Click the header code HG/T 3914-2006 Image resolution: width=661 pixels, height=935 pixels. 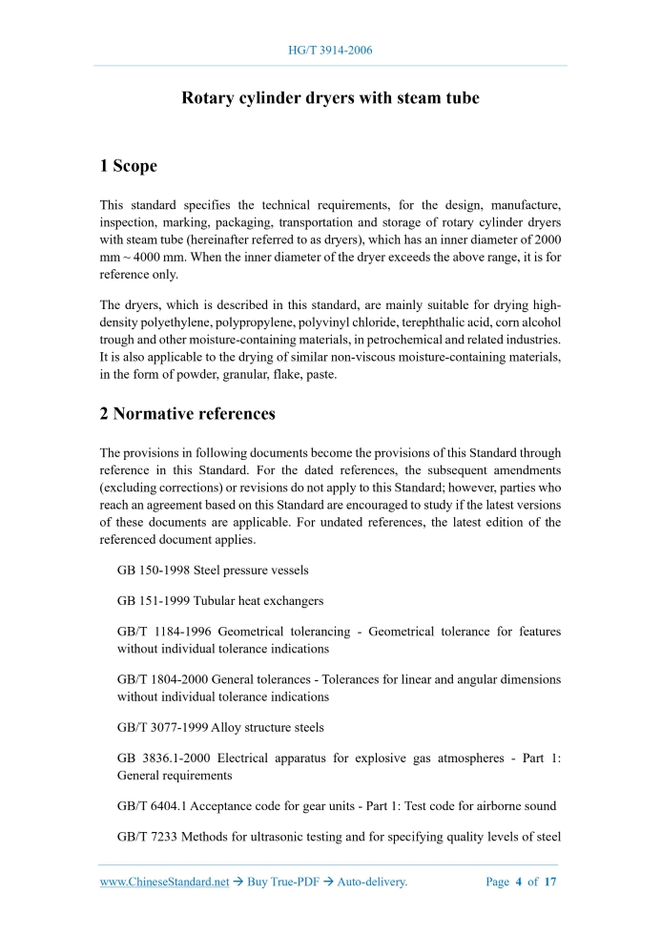[x=330, y=50]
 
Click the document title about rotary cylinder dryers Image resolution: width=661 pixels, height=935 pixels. [x=330, y=98]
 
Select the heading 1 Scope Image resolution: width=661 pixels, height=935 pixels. [x=128, y=166]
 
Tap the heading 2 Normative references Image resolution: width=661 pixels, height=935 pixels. [x=187, y=414]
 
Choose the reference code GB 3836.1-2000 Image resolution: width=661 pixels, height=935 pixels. [x=163, y=758]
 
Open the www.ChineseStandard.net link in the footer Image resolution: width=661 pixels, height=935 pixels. [x=164, y=882]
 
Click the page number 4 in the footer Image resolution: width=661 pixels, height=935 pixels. [x=520, y=882]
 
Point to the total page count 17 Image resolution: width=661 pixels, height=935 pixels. [x=549, y=882]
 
